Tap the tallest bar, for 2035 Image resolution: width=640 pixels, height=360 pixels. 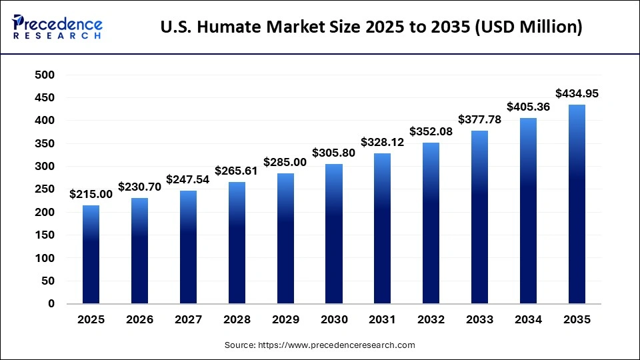pyautogui.click(x=577, y=204)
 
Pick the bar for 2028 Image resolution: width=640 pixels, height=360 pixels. pyautogui.click(x=237, y=243)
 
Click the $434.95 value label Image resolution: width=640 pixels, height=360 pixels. pyautogui.click(x=577, y=94)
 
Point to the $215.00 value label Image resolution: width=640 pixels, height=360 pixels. pyautogui.click(x=91, y=194)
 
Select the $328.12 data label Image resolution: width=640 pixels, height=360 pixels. pyautogui.click(x=383, y=142)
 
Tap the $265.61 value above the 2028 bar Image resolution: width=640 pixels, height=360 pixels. pyautogui.click(x=237, y=171)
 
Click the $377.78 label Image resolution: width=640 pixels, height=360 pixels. pyautogui.click(x=480, y=119)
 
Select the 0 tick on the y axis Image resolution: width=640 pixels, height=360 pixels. pyautogui.click(x=51, y=304)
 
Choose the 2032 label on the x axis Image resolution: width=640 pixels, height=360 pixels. pyautogui.click(x=431, y=320)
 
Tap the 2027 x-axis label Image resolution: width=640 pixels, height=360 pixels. pyautogui.click(x=188, y=320)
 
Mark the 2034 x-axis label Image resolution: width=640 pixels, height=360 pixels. pyautogui.click(x=529, y=320)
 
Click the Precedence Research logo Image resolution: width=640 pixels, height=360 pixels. pyautogui.click(x=57, y=27)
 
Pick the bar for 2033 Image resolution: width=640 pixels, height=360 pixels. pyautogui.click(x=480, y=217)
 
